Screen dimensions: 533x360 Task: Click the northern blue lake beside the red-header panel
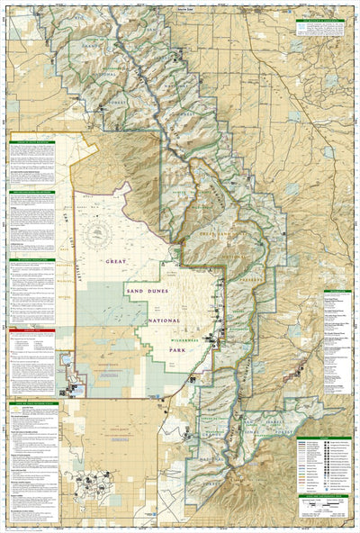pos(66,360)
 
